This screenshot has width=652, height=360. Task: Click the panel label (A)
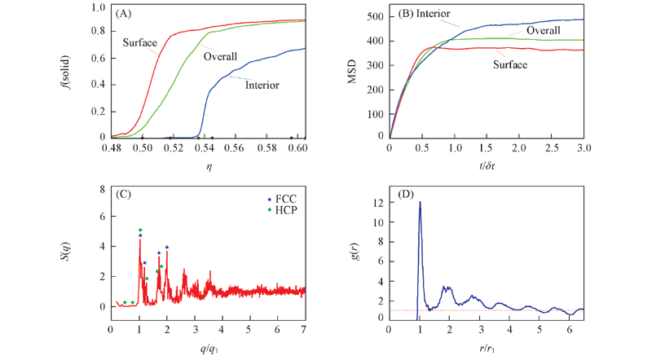pyautogui.click(x=126, y=14)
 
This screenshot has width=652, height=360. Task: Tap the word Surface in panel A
pyautogui.click(x=140, y=42)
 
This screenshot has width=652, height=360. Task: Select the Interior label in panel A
pyautogui.click(x=262, y=85)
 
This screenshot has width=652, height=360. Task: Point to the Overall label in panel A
pyautogui.click(x=221, y=57)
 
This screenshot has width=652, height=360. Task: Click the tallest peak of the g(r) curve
pyautogui.click(x=420, y=202)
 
